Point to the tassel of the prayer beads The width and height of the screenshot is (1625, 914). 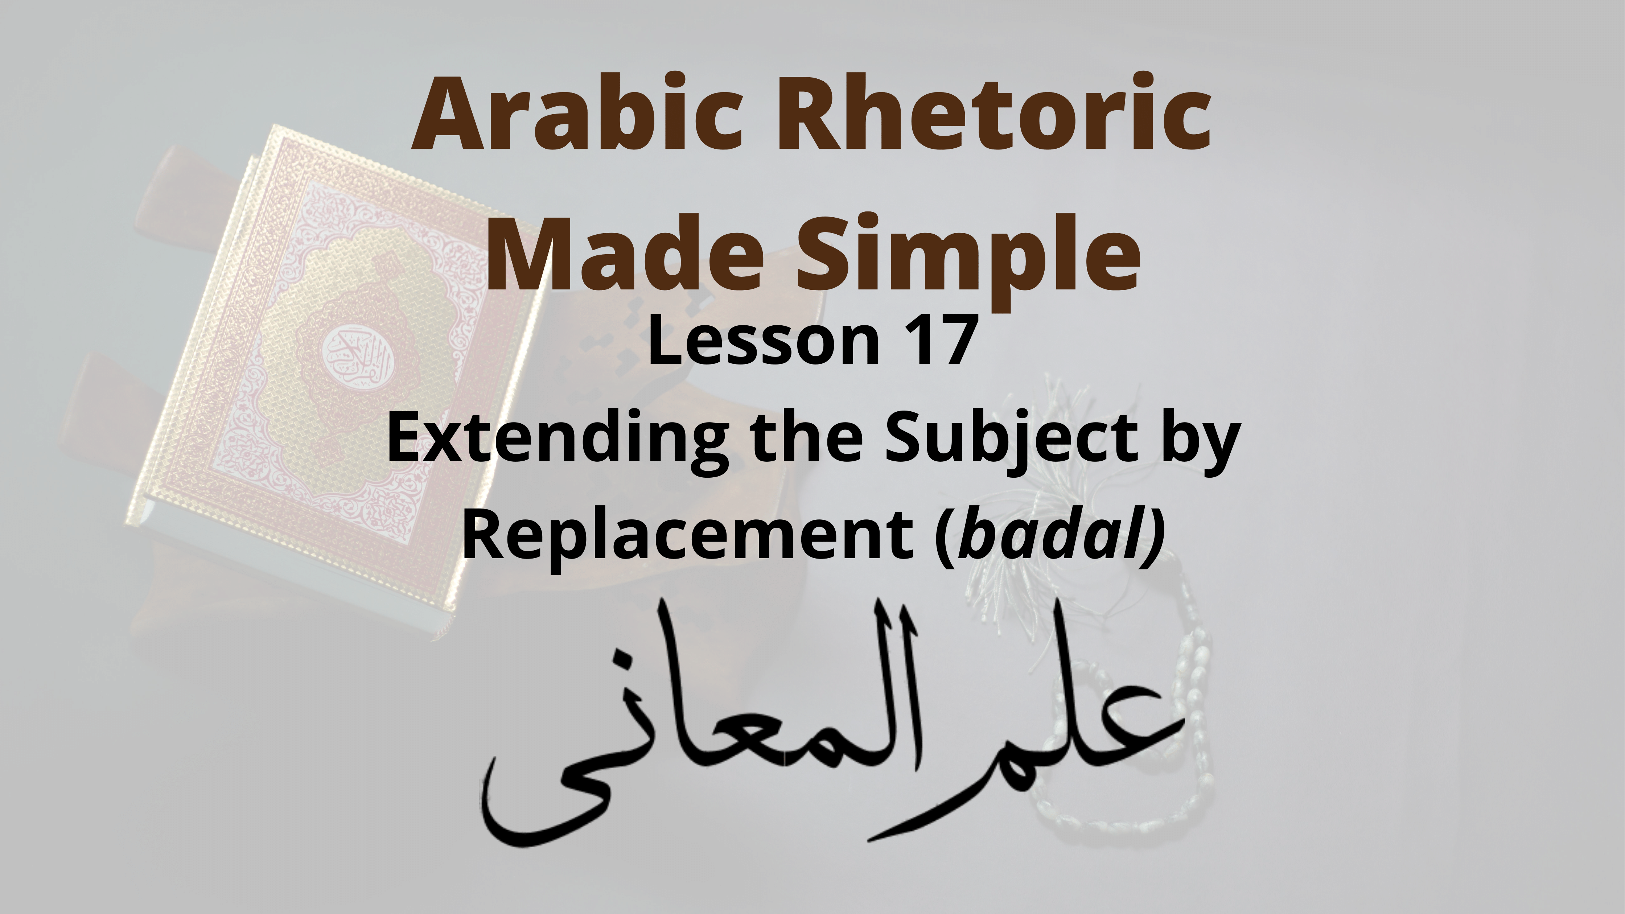click(x=1041, y=517)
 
